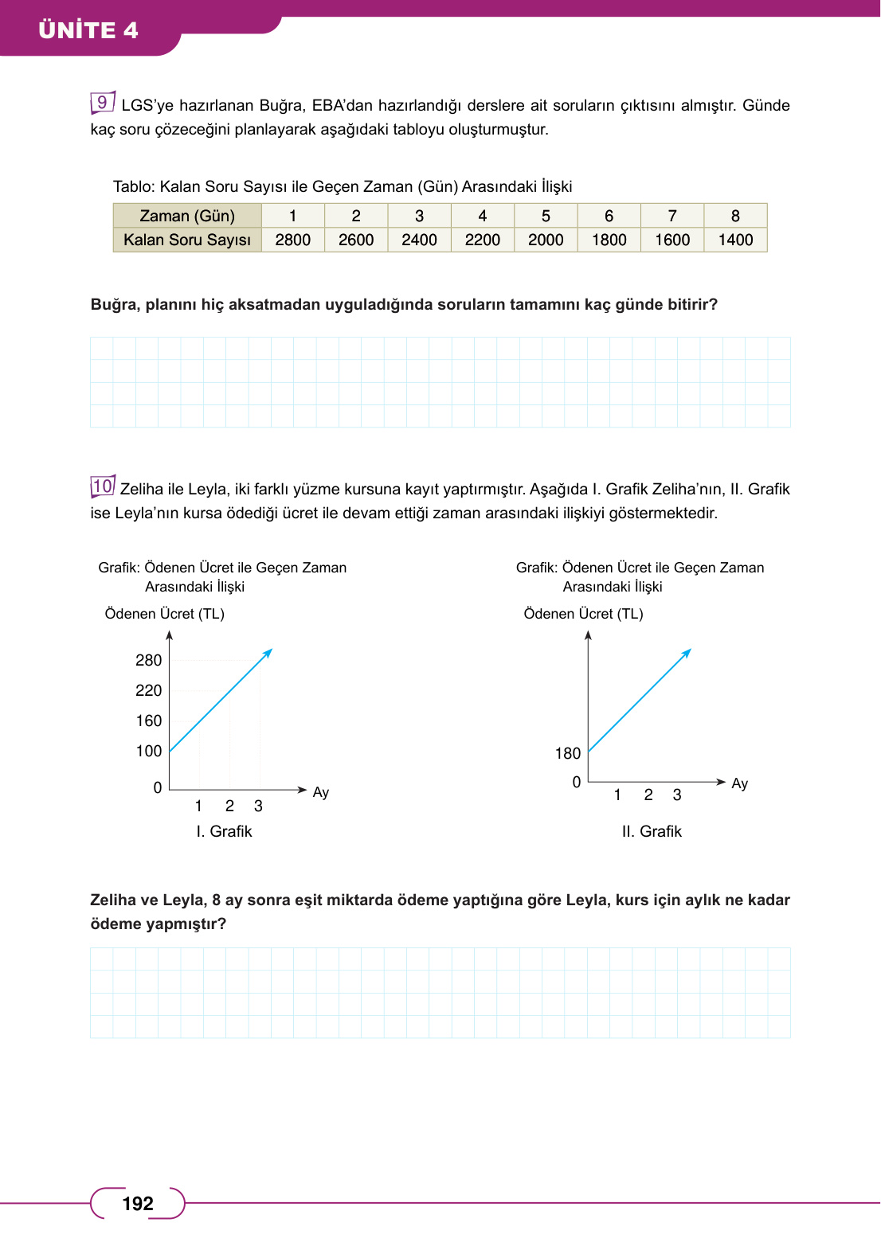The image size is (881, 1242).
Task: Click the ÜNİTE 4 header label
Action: coord(88,30)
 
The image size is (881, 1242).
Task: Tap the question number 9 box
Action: coord(102,103)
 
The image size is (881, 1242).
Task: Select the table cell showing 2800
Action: coord(292,240)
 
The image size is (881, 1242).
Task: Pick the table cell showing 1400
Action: coord(735,240)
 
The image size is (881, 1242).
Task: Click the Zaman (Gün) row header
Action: coord(187,216)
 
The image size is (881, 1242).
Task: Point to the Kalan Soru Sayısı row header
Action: coord(187,240)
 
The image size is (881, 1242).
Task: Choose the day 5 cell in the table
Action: coord(546,216)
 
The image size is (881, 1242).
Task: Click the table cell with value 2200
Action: coord(482,240)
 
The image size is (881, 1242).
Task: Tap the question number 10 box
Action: coord(103,486)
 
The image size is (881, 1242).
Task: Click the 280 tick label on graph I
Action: coord(148,660)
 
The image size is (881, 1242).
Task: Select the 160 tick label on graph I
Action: coord(148,721)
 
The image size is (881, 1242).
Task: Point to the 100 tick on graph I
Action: coord(148,751)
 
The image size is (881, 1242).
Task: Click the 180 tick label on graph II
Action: coord(568,753)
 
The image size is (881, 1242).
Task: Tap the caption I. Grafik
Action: coord(224,831)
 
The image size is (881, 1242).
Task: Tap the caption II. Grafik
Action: coord(652,831)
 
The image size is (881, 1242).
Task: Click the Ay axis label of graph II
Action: coord(739,783)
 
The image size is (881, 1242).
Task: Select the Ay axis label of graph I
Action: coord(320,792)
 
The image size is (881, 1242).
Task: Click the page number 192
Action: coord(138,1203)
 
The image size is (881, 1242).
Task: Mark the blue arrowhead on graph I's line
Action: coord(268,652)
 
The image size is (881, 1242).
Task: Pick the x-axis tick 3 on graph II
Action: coord(677,795)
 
